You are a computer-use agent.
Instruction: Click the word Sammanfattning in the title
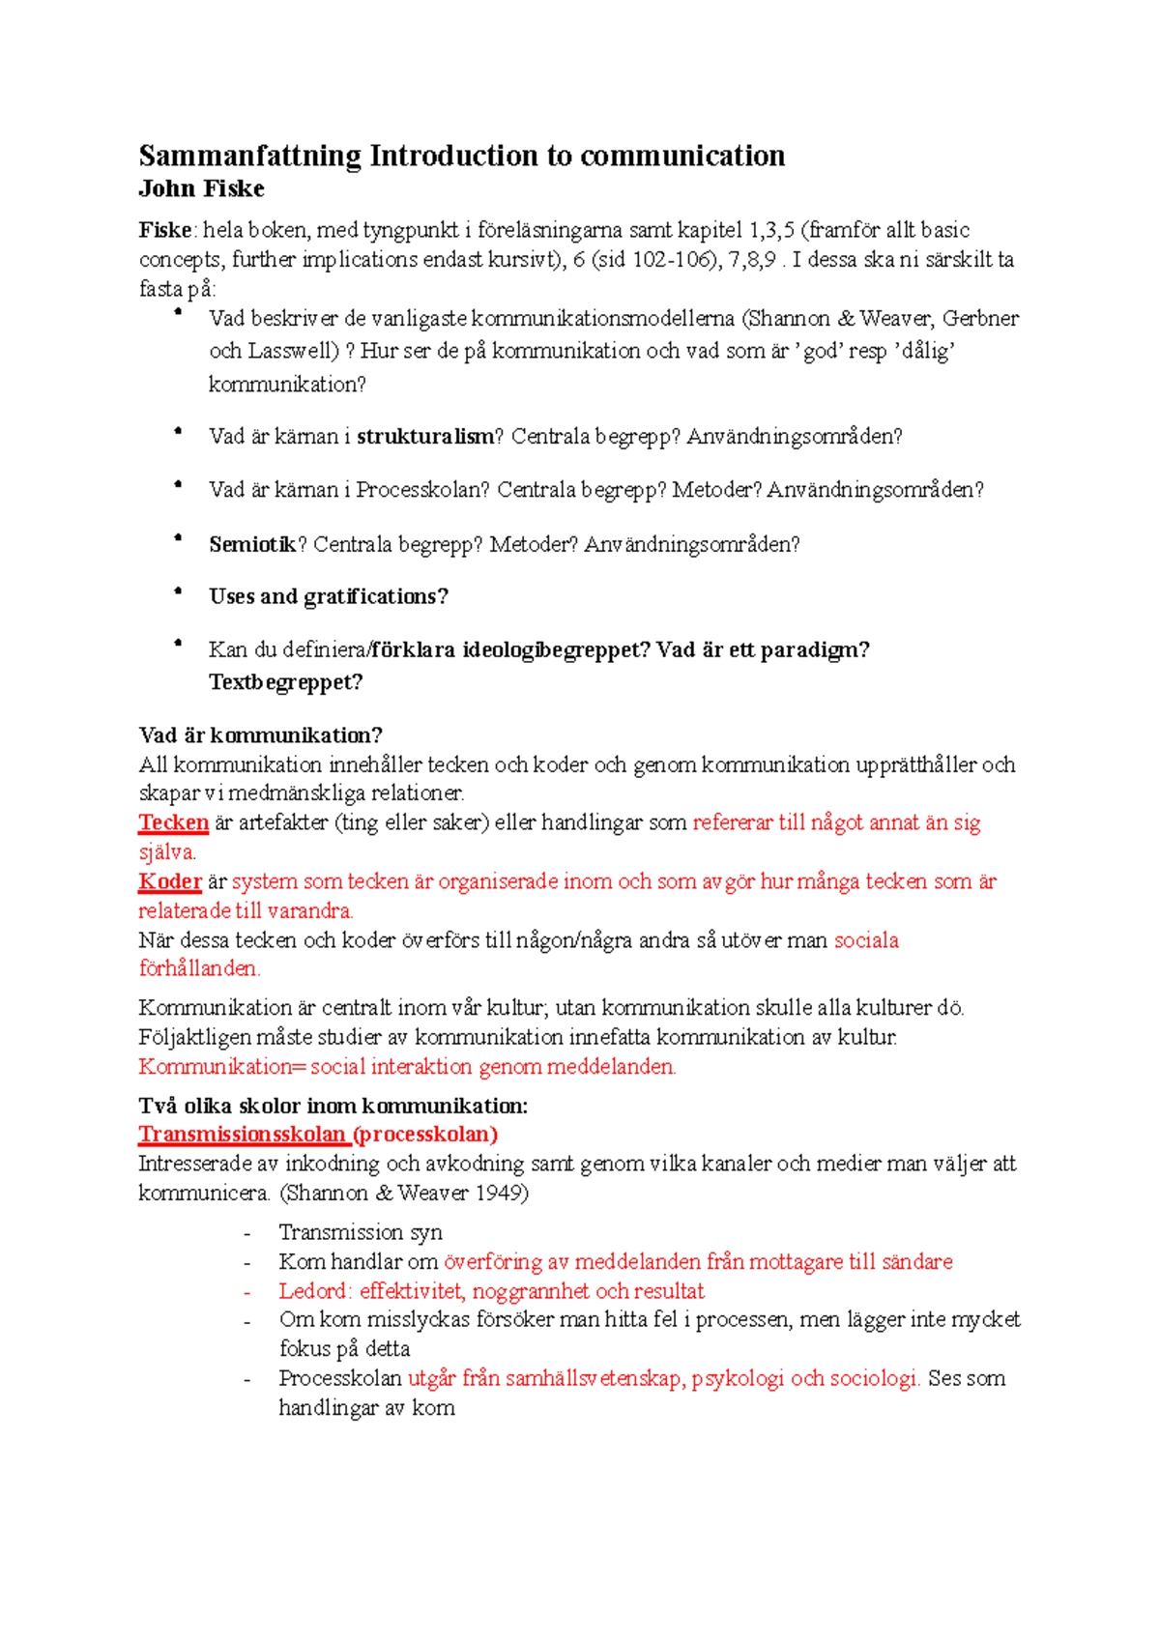(x=249, y=157)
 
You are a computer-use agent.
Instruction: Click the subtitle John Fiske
(x=201, y=189)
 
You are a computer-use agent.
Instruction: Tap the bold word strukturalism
(x=424, y=437)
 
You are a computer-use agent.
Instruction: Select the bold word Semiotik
(x=251, y=545)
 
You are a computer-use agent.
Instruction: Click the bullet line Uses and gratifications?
(x=328, y=597)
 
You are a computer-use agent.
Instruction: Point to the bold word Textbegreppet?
(x=285, y=682)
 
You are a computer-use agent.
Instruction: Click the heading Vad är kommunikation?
(x=260, y=735)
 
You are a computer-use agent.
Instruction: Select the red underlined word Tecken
(x=173, y=823)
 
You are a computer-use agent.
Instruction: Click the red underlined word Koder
(x=169, y=882)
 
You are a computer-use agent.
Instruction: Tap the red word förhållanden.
(x=199, y=968)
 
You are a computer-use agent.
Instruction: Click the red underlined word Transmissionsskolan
(x=242, y=1135)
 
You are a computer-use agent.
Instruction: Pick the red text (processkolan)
(x=425, y=1135)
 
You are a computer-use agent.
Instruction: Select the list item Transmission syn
(x=360, y=1232)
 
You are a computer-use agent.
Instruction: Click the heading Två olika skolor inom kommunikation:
(x=333, y=1107)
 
